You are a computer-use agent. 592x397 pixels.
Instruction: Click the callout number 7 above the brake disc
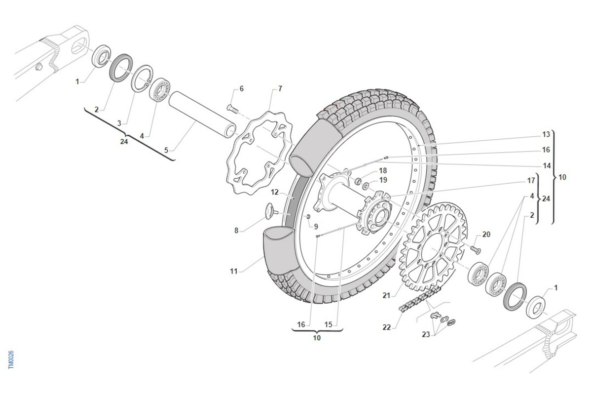[280, 89]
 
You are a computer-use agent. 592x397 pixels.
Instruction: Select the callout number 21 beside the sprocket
[386, 296]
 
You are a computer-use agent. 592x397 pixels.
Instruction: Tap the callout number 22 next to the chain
[386, 327]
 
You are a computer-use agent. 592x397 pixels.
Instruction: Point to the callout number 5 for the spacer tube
[166, 150]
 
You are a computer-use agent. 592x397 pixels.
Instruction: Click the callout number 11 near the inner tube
[233, 271]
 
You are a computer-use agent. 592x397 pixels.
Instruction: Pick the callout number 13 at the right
[546, 134]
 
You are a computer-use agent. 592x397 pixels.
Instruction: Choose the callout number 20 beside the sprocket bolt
[486, 235]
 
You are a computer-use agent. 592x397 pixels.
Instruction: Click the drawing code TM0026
[11, 360]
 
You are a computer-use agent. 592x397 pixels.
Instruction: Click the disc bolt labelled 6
[232, 108]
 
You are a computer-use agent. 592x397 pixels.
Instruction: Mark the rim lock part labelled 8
[271, 211]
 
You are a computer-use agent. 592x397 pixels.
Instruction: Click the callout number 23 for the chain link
[426, 334]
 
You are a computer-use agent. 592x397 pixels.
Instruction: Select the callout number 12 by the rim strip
[275, 191]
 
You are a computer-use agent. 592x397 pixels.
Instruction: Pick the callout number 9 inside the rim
[316, 226]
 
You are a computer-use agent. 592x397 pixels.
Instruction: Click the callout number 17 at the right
[531, 181]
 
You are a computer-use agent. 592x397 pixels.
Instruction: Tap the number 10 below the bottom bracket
[317, 338]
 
